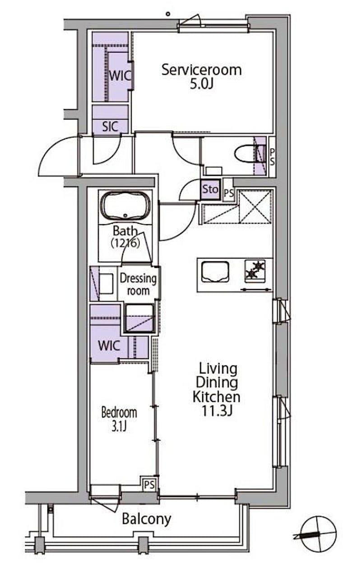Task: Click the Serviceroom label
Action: (x=202, y=70)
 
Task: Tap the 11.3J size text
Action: (x=217, y=411)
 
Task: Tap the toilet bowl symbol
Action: (x=244, y=154)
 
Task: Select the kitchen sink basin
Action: (x=215, y=272)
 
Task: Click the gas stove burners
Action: (x=255, y=271)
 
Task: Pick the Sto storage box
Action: (x=210, y=189)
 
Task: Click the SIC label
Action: (x=110, y=126)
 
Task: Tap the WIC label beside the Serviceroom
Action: (x=120, y=76)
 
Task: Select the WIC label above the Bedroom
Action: (x=109, y=346)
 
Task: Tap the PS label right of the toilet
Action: (x=272, y=157)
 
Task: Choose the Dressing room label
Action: (x=138, y=285)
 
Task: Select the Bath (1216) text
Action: (x=125, y=237)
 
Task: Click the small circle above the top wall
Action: (x=168, y=14)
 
